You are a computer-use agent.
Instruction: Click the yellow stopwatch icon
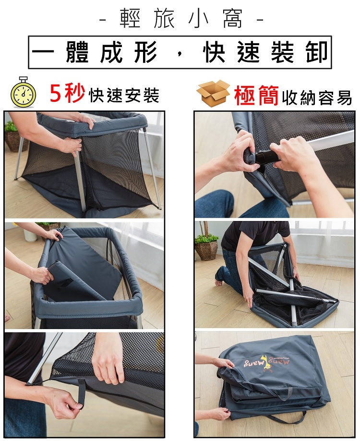pyautogui.click(x=24, y=92)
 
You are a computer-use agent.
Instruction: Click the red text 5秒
pyautogui.click(x=67, y=94)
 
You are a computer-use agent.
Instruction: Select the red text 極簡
pyautogui.click(x=257, y=96)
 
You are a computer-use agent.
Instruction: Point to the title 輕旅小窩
pyautogui.click(x=181, y=19)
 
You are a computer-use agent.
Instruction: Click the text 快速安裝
pyautogui.click(x=124, y=95)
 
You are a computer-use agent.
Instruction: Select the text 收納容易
pyautogui.click(x=317, y=98)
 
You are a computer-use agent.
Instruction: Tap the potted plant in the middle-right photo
pyautogui.click(x=206, y=243)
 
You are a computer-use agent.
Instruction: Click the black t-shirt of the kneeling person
pyautogui.click(x=254, y=235)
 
